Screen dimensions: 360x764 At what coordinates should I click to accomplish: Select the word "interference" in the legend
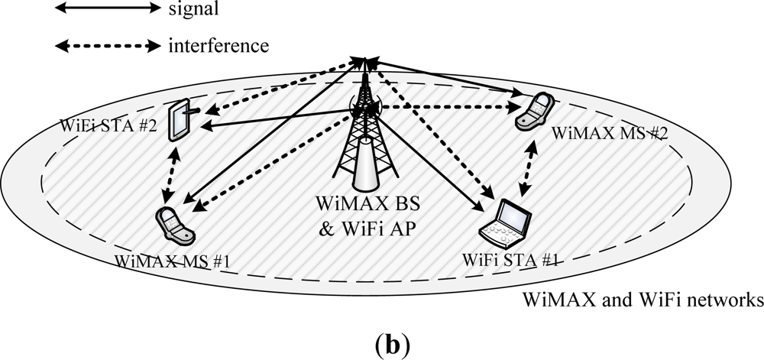click(x=218, y=45)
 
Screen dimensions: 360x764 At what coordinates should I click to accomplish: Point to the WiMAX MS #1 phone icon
click(x=175, y=224)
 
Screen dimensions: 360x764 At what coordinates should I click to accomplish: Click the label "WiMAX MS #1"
click(x=173, y=261)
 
